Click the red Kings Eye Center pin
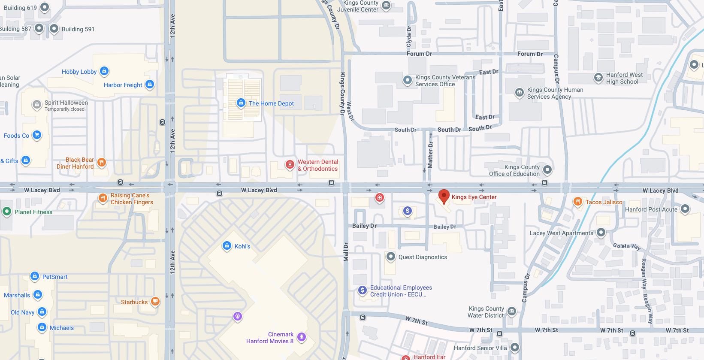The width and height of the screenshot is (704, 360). (444, 197)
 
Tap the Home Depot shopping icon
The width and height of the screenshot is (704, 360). (241, 103)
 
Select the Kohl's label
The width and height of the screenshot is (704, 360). (242, 246)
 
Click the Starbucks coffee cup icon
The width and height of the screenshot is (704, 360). (155, 302)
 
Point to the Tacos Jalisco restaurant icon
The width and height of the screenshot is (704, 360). (578, 202)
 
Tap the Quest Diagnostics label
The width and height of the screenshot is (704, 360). (423, 257)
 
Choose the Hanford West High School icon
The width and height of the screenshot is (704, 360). (598, 78)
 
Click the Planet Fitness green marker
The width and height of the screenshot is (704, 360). (7, 212)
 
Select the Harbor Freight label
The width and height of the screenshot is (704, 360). (123, 85)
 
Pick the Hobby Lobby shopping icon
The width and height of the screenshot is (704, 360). (104, 71)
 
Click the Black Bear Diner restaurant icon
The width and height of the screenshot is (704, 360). (102, 162)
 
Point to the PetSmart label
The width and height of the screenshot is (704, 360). (55, 277)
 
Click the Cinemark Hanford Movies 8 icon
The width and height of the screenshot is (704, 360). (302, 337)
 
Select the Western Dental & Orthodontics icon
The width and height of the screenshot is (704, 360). (290, 164)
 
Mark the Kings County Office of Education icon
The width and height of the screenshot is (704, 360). (547, 169)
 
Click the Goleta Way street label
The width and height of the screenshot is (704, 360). (627, 246)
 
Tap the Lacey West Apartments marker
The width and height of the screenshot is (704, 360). (601, 233)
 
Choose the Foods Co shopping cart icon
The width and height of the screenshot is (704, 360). (37, 135)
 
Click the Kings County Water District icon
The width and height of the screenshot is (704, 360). (512, 311)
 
